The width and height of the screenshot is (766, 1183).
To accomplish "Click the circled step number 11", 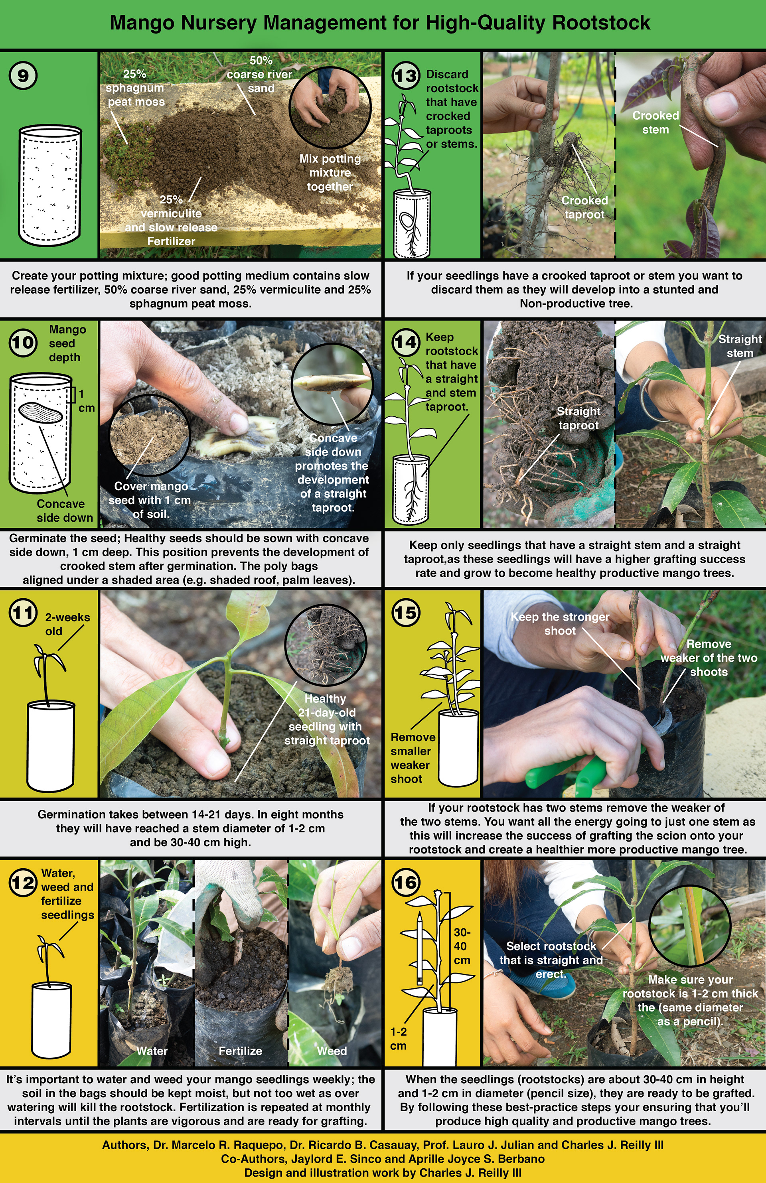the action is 23,613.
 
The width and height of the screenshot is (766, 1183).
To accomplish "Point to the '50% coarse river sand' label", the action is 260,75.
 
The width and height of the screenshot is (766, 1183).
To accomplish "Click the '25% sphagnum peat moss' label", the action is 135,88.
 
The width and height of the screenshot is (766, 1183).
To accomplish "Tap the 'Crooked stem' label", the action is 655,122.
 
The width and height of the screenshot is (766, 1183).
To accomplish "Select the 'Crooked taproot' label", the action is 584,207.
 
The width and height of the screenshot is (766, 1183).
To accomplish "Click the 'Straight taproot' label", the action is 578,418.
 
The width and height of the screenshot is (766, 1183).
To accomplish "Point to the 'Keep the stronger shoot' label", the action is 560,623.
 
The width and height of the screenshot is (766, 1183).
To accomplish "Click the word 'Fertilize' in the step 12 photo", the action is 241,1051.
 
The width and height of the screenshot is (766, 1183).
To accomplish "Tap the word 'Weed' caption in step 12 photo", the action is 332,1051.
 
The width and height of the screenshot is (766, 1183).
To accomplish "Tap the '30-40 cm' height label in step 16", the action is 462,946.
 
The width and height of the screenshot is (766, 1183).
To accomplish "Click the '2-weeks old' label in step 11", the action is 67,624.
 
